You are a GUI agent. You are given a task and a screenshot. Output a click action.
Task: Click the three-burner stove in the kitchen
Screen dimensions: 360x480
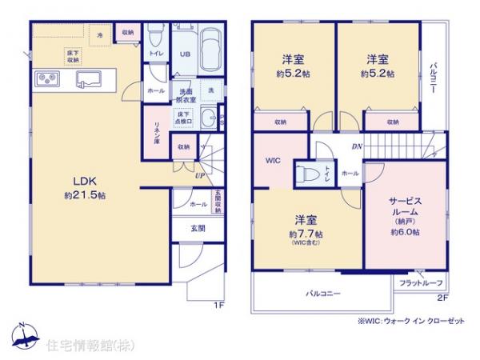pos(46,79)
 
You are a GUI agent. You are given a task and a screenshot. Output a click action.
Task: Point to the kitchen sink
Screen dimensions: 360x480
pos(86,79)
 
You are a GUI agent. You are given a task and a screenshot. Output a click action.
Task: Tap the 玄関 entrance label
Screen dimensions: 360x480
pos(197,227)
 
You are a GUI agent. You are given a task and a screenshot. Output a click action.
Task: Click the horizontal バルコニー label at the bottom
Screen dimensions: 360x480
pos(322,294)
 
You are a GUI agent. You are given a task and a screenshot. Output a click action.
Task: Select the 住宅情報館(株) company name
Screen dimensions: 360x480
pos(83,345)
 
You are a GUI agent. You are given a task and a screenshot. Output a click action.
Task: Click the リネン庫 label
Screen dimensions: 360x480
pos(158,132)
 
